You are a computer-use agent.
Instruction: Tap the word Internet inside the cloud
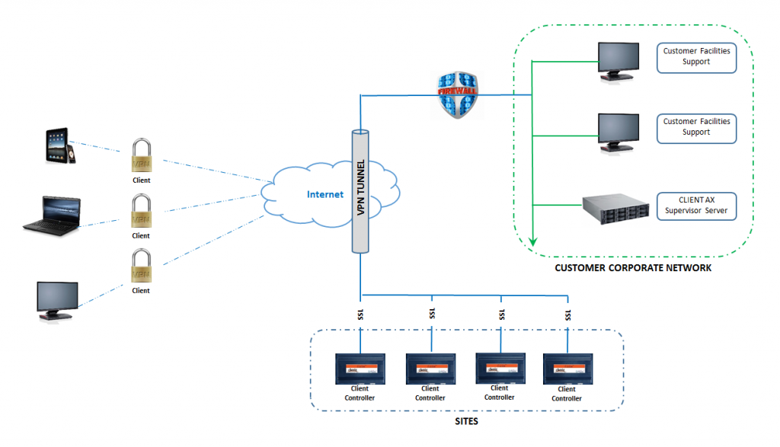(325, 194)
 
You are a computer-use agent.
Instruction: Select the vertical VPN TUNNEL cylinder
(360, 191)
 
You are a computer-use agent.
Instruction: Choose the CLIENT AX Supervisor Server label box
(696, 205)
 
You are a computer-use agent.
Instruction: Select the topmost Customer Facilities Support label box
(696, 57)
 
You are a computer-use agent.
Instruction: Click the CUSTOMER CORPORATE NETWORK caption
(633, 268)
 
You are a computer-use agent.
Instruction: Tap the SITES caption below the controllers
(467, 420)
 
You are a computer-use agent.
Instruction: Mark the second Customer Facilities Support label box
(696, 127)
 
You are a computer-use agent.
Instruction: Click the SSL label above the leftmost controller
(360, 314)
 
